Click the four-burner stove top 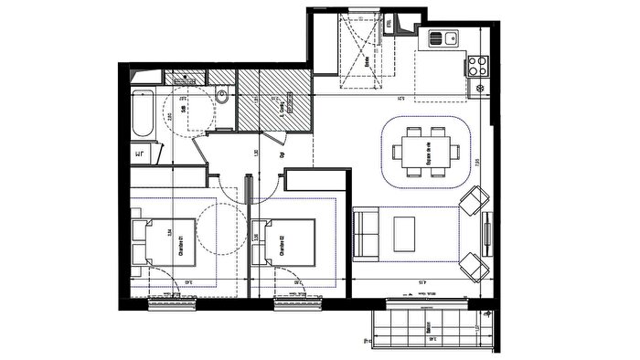pyautogui.click(x=476, y=65)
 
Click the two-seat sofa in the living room pyautogui.click(x=368, y=234)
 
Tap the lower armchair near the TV pyautogui.click(x=474, y=266)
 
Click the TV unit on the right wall pyautogui.click(x=490, y=235)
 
